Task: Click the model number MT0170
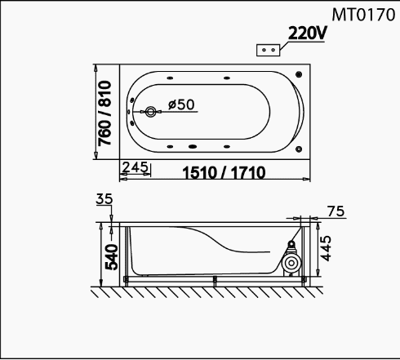363,15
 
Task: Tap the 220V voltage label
307,33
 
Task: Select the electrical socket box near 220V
269,51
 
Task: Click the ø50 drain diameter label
181,104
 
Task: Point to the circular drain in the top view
150,112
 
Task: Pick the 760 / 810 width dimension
104,113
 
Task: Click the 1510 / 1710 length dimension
224,172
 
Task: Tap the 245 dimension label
135,167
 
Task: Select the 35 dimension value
104,199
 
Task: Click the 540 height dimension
112,257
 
